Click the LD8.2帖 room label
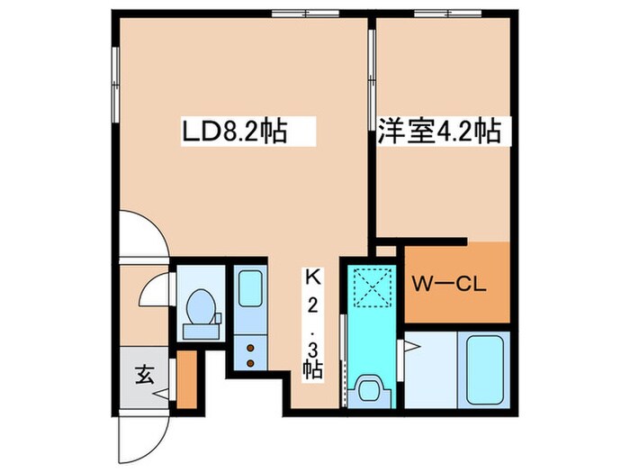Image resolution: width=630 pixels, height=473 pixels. tap(236, 133)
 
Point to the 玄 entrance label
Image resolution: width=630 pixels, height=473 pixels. tap(144, 371)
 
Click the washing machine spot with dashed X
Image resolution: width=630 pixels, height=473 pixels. tap(369, 287)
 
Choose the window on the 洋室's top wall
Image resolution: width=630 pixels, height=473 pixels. tap(446, 14)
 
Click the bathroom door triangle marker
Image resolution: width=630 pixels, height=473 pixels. tap(400, 344)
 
